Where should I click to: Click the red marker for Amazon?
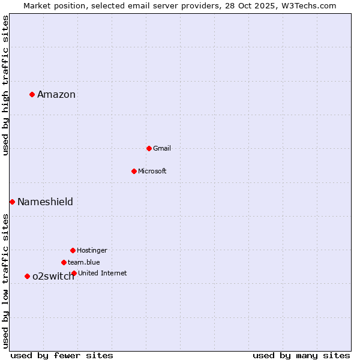(x=32, y=94)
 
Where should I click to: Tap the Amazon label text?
(x=56, y=94)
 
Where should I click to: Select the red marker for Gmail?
(x=149, y=148)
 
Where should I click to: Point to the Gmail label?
(x=162, y=148)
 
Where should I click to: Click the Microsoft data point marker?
(x=134, y=171)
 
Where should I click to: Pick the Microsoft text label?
(x=152, y=171)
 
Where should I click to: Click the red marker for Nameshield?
(x=12, y=202)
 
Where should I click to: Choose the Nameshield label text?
(x=45, y=202)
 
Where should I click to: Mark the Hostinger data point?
(x=73, y=250)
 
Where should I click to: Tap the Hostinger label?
(x=92, y=250)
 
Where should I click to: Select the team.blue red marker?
(x=64, y=262)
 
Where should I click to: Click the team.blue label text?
(x=84, y=262)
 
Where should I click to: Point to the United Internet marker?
(x=74, y=273)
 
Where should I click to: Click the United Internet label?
(x=103, y=273)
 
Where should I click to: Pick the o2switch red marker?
(x=27, y=276)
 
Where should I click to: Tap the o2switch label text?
(x=53, y=276)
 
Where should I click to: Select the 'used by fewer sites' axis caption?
(x=62, y=355)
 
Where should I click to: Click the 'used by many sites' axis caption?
(x=301, y=355)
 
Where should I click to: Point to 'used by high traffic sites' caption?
(x=5, y=85)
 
